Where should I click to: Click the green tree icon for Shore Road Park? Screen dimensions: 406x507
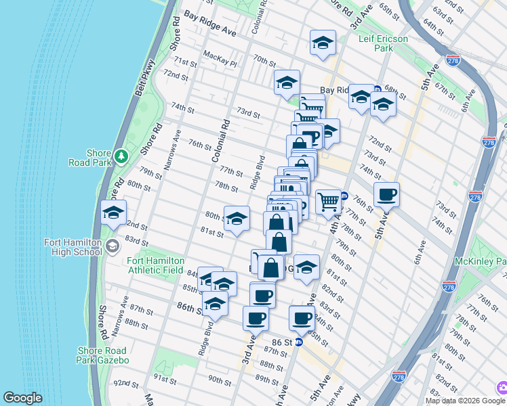pos(121,156)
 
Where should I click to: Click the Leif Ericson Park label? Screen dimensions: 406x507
pos(384,44)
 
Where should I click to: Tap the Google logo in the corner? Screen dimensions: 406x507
pos(23,398)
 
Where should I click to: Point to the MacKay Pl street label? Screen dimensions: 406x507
pos(220,63)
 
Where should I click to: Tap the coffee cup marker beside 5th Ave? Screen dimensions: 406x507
pos(386,195)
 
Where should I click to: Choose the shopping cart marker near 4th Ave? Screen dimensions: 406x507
pos(328,201)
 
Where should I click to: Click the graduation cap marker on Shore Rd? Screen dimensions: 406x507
pos(113,212)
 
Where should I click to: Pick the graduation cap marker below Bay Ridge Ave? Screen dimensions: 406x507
pos(323,43)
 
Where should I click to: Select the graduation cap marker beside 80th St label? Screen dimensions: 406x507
pos(237,218)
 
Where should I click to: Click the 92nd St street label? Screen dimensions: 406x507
pos(127,383)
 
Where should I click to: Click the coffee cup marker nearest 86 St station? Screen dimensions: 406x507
pos(302,317)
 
